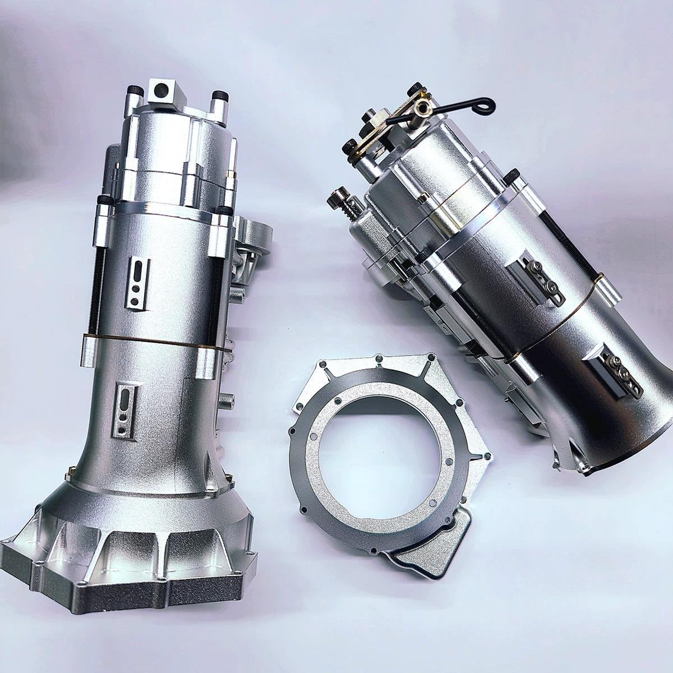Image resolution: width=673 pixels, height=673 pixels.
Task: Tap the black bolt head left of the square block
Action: (x=135, y=91)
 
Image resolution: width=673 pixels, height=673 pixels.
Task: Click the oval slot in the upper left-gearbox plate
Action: (x=136, y=271)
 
